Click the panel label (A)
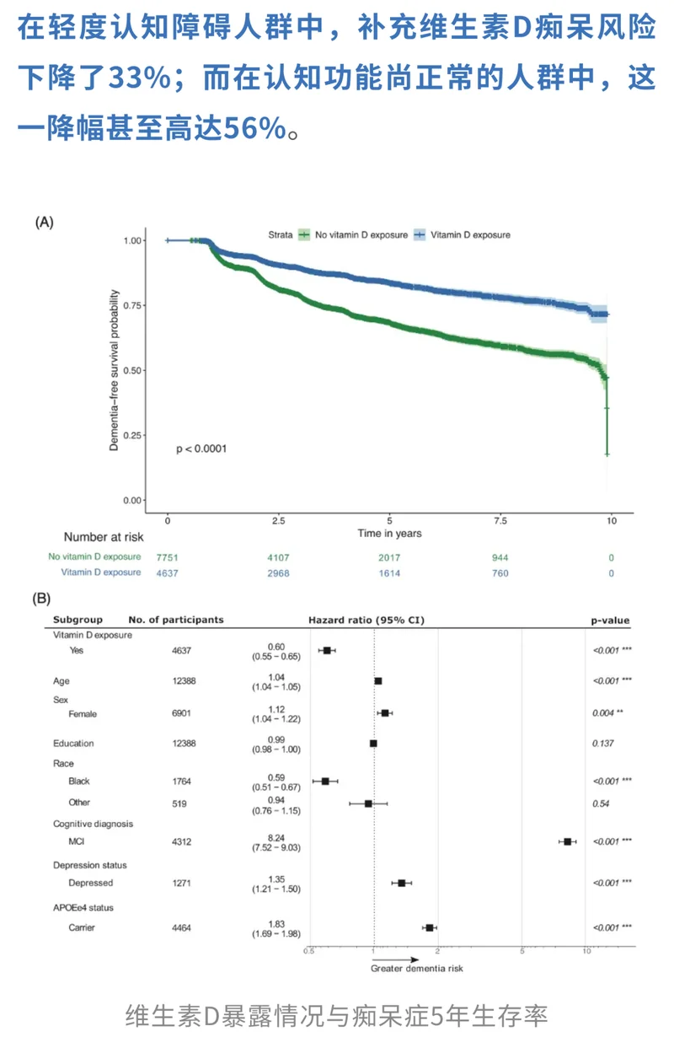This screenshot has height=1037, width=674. [44, 223]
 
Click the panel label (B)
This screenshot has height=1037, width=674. [41, 599]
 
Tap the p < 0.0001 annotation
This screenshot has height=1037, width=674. [201, 449]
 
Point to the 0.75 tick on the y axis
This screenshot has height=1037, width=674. [133, 305]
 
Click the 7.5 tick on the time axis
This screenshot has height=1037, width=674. [500, 520]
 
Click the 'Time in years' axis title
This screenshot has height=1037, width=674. [388, 534]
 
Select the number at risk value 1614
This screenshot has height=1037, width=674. [388, 573]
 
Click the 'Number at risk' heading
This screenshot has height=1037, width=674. [104, 537]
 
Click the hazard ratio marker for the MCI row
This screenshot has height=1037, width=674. [568, 841]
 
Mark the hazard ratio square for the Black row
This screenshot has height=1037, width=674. [326, 782]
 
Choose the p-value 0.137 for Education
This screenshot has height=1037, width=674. [602, 744]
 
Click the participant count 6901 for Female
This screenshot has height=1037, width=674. [183, 713]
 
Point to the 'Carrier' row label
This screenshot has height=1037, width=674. [82, 928]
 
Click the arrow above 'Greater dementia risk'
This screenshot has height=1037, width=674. [395, 959]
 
